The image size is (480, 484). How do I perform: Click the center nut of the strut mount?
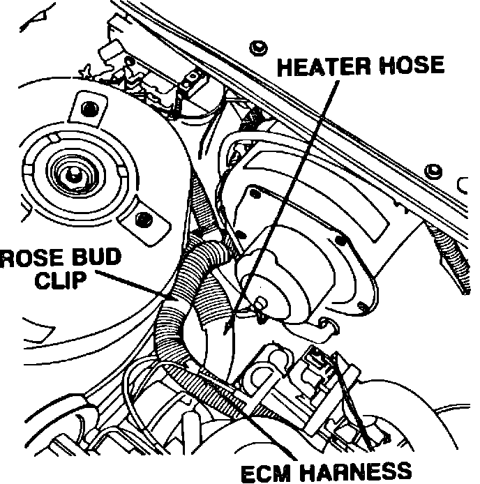pos(70,174)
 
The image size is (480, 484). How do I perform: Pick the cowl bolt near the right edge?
pos(433,171)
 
